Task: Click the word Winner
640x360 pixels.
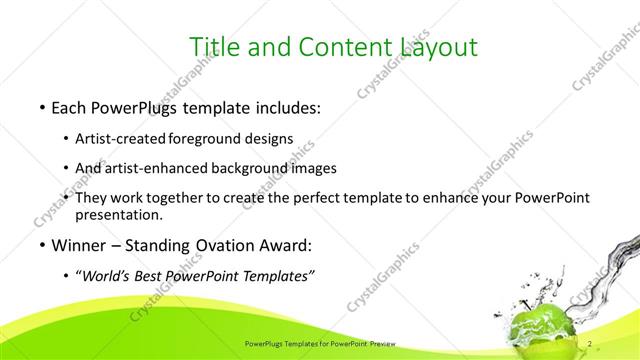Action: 79,244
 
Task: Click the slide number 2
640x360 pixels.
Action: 591,344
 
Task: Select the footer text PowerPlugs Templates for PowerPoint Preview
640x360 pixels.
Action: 319,345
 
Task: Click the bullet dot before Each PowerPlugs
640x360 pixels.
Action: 40,107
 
